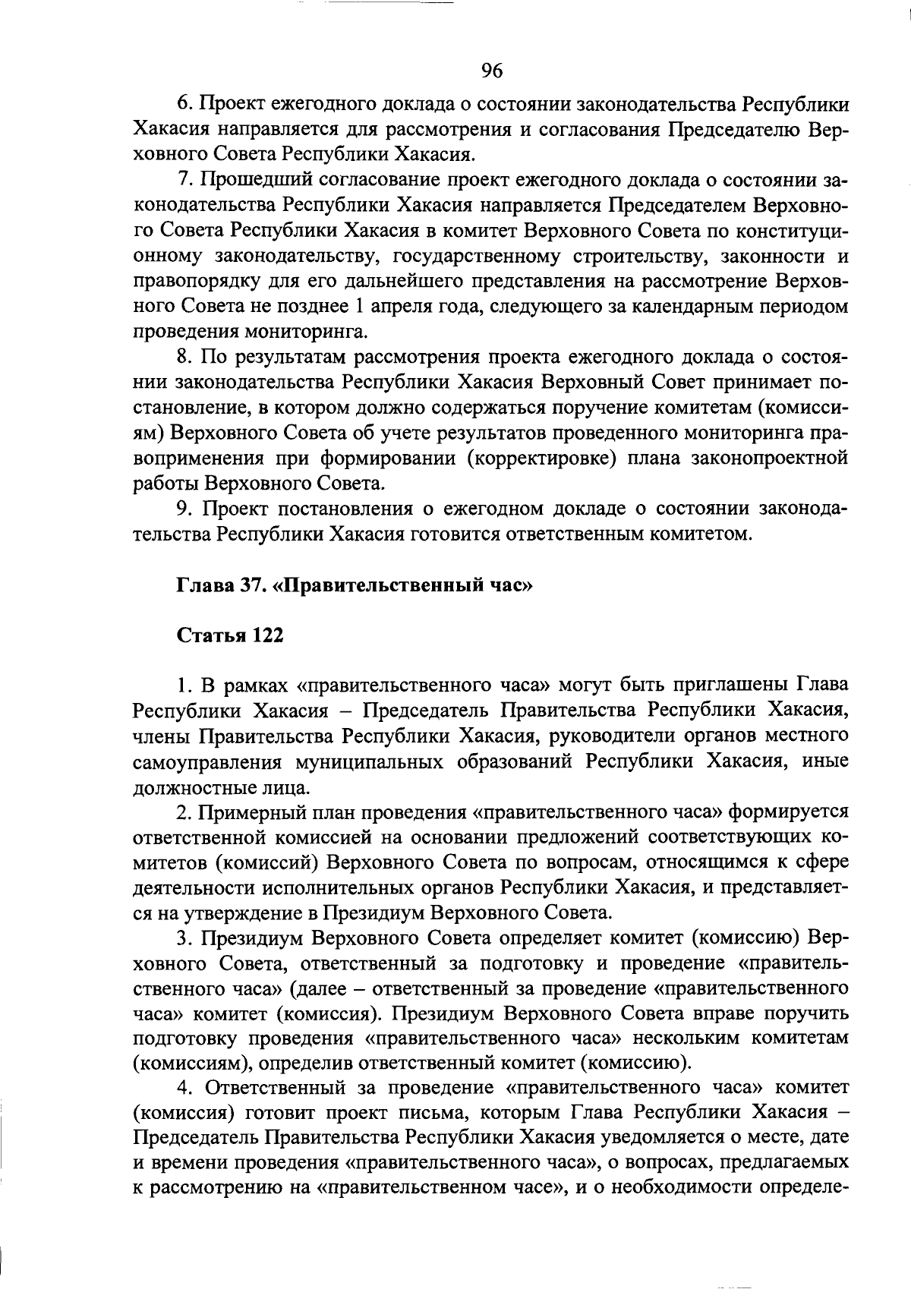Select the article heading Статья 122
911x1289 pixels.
pos(230,636)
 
